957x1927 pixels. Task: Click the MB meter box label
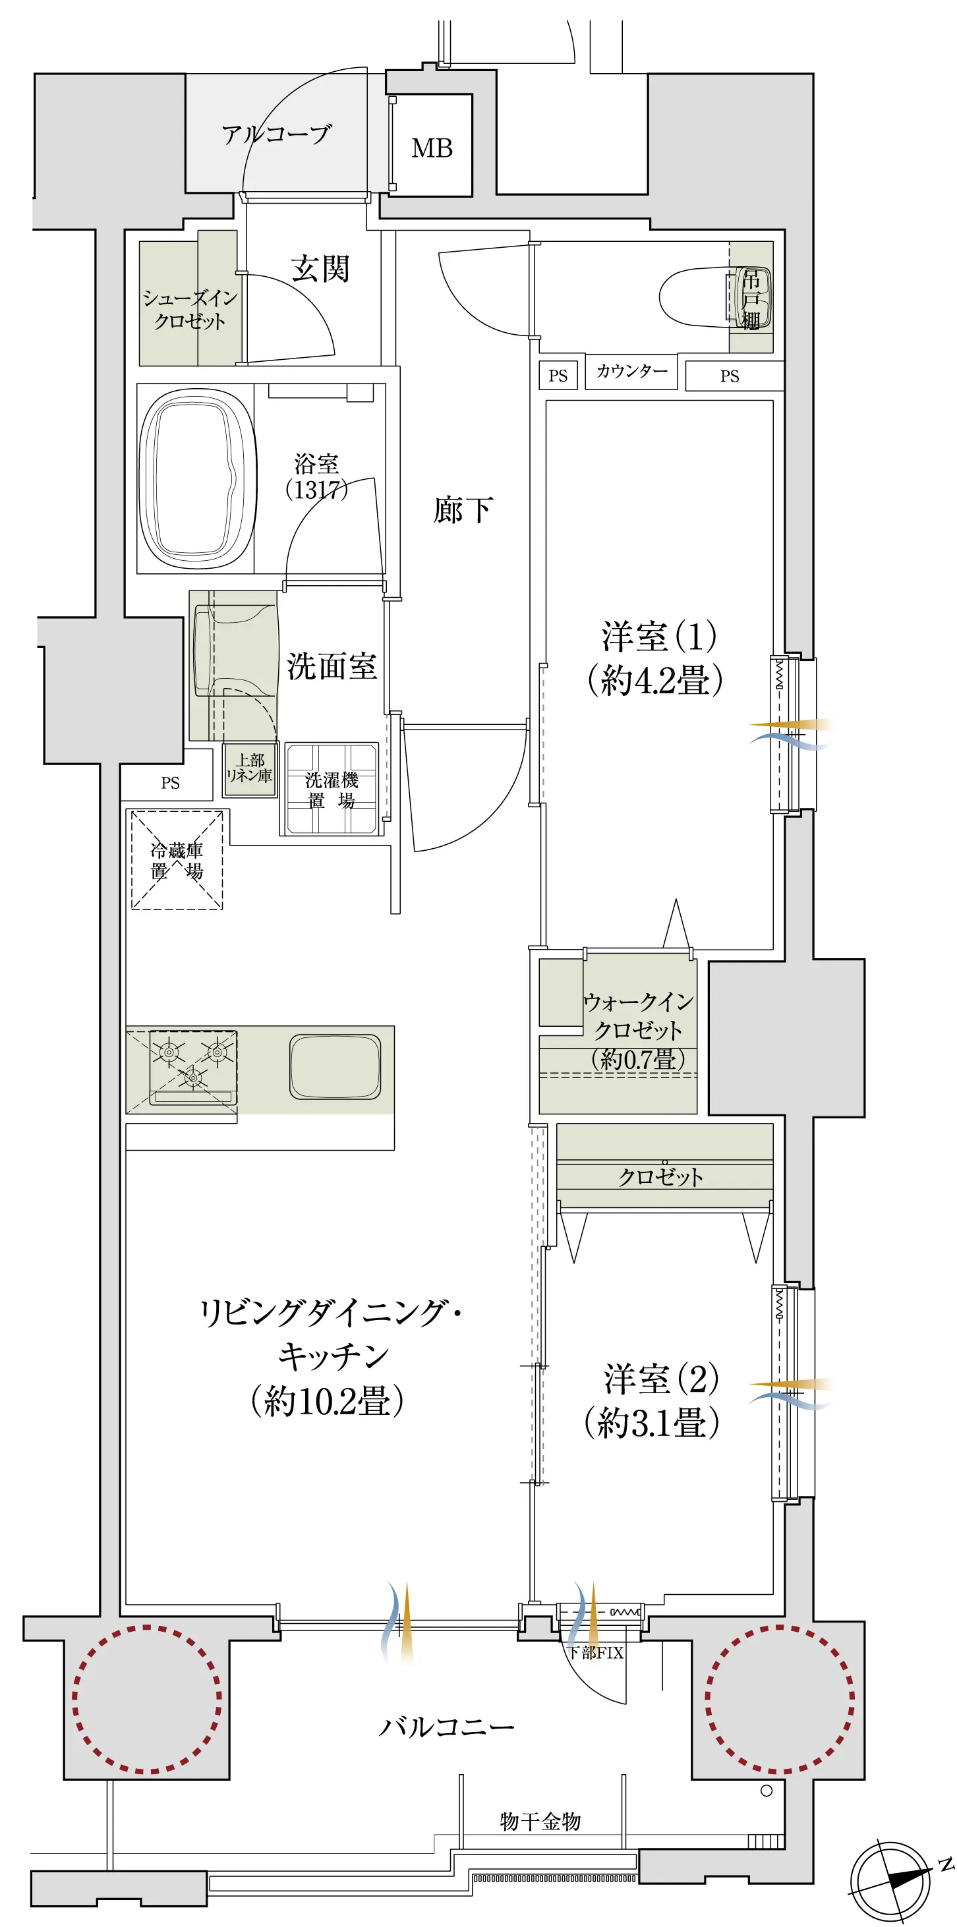[432, 148]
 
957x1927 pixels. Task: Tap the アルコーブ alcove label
[276, 134]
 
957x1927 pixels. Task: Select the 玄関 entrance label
[320, 268]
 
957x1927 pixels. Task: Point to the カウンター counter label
[631, 371]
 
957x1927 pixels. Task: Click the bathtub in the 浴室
[197, 478]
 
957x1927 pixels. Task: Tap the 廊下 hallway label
[463, 509]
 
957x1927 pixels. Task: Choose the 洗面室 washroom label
[332, 666]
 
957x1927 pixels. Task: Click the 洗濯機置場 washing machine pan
[332, 788]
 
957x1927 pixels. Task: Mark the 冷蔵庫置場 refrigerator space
[177, 860]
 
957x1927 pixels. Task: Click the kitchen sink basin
[335, 1067]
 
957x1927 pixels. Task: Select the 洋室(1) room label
[655, 658]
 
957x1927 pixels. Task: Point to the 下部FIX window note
[596, 1652]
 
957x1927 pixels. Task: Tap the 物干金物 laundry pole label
[540, 1821]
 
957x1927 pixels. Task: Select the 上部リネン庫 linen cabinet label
[249, 768]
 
